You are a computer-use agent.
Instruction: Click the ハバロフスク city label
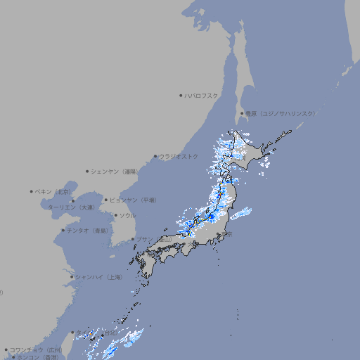202,95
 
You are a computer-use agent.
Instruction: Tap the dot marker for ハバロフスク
181,95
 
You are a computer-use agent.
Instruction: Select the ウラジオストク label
179,156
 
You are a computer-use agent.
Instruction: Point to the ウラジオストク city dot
156,156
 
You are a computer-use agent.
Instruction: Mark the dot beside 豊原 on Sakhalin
242,113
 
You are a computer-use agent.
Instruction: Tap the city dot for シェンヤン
88,171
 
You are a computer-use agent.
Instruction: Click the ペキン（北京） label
54,191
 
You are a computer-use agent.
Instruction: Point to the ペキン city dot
32,191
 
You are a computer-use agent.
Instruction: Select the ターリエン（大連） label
71,207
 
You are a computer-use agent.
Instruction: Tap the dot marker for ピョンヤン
106,200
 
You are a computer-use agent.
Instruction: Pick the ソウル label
127,215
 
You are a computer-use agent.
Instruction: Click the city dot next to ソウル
115,215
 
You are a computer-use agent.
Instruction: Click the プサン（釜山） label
154,240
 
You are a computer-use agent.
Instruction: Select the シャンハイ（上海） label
98,277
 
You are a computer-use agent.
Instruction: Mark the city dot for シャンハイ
72,277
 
